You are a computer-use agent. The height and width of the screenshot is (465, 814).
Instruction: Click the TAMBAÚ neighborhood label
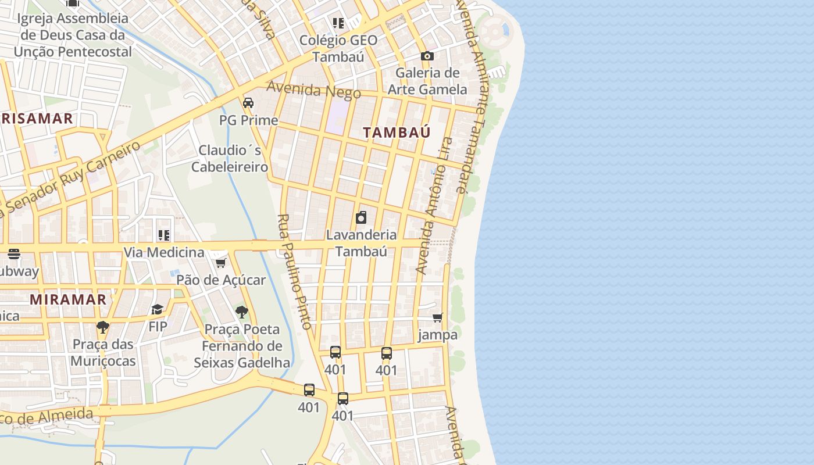(x=397, y=133)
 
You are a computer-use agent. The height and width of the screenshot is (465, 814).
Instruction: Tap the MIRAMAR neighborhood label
(x=68, y=300)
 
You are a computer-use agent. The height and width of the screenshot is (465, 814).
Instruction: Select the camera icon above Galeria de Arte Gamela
(x=427, y=56)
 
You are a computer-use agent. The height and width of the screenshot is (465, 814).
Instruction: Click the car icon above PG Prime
(x=248, y=103)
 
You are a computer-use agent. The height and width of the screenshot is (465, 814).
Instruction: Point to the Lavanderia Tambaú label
(x=361, y=243)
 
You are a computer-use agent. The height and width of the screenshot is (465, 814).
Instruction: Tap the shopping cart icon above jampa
(x=438, y=318)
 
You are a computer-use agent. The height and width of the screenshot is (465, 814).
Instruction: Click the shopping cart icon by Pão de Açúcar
(x=220, y=263)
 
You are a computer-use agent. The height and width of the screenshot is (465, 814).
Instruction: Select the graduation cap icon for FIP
(x=157, y=309)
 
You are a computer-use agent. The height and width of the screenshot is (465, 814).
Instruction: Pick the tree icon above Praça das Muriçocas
(x=103, y=327)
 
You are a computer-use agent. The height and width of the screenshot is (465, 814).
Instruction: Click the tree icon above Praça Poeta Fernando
(x=242, y=313)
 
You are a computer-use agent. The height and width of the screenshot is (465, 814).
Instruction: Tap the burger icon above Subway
(x=14, y=254)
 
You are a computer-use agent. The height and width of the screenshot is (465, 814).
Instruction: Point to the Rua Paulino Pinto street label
(x=295, y=271)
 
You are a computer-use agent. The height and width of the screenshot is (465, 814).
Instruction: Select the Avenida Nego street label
(x=313, y=90)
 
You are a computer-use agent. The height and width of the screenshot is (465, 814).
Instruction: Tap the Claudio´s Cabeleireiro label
(x=230, y=159)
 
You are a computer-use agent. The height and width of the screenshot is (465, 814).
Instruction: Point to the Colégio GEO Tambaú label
(x=338, y=48)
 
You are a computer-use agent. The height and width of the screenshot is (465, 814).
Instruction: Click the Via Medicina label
(x=163, y=253)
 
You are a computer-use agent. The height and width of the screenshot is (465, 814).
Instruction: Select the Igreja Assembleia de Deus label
(x=73, y=35)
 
